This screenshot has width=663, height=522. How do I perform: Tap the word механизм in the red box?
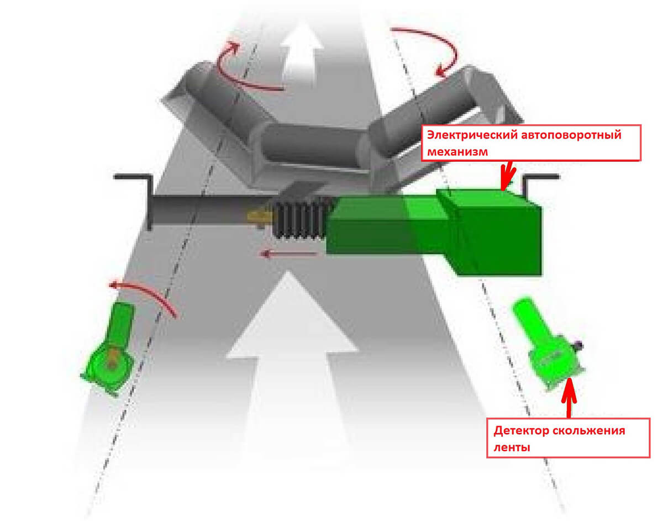[457, 151]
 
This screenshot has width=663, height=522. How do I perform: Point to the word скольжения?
[588, 431]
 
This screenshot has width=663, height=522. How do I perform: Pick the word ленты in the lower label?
[512, 447]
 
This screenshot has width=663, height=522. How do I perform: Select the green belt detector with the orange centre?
[113, 350]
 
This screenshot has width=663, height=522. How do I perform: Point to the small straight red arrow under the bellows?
[288, 255]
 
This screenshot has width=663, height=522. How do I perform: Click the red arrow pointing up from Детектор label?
[569, 398]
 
